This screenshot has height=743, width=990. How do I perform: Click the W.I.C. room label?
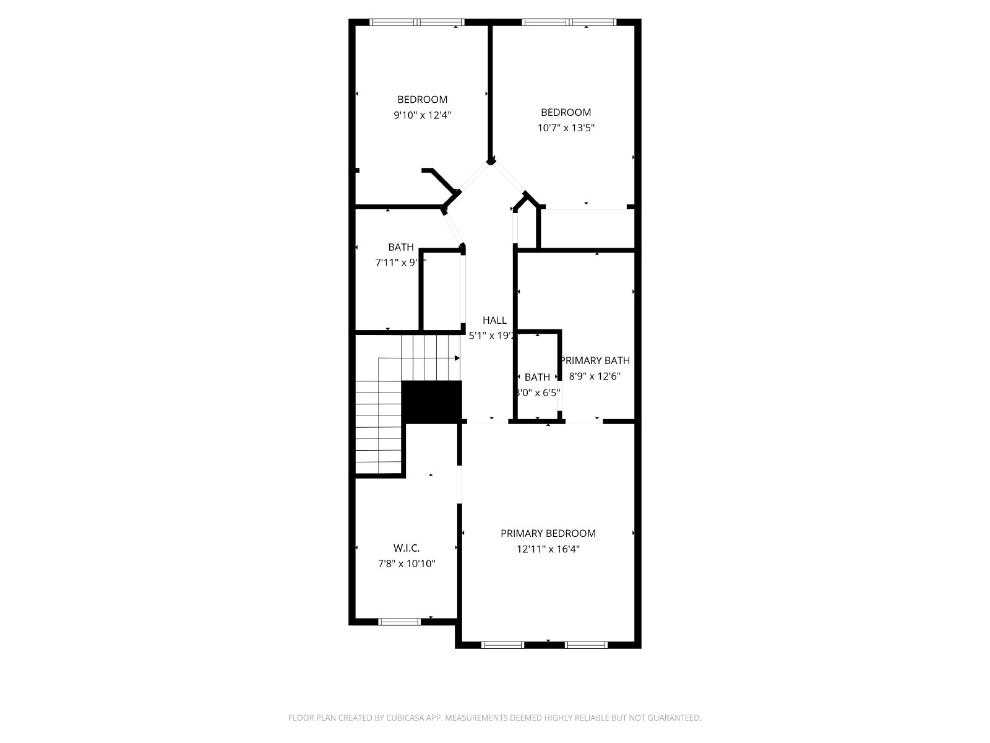point(407,548)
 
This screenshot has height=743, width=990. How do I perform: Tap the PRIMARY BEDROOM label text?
point(548,533)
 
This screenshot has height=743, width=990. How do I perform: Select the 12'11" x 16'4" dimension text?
point(548,549)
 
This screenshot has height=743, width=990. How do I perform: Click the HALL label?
point(494,320)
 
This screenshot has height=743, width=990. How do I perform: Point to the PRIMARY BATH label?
point(595,360)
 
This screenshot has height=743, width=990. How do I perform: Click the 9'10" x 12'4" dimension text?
point(422,115)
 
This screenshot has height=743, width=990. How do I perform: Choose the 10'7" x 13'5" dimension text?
point(566,128)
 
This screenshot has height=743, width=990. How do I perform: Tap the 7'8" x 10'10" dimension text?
point(407,563)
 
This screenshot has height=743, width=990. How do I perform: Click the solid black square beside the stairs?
point(432,402)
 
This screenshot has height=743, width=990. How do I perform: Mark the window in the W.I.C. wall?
point(399,621)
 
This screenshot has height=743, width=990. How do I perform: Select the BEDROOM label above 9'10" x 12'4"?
point(422,99)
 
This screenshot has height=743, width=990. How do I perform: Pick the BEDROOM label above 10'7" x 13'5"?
point(566,112)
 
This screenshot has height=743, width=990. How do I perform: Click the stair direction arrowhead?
point(457,358)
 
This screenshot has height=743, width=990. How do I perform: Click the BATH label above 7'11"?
point(401,247)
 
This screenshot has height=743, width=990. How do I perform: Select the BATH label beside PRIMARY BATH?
point(537,377)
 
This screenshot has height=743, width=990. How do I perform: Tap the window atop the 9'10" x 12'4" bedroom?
point(416,22)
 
